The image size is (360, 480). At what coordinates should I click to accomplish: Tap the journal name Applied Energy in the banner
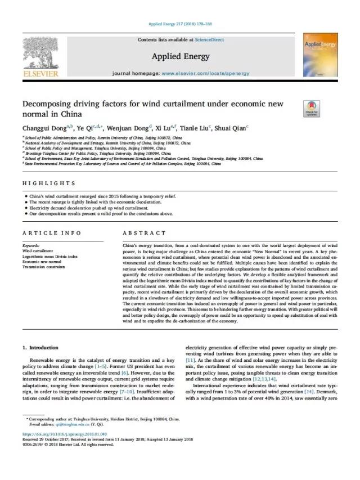tap(180, 56)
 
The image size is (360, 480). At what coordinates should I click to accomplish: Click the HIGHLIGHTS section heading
tap(49, 183)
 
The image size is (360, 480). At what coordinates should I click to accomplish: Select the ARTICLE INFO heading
tap(51, 233)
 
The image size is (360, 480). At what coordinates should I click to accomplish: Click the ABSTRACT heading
tap(144, 233)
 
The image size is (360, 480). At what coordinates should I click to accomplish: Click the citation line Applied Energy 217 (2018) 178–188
tap(180, 24)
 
